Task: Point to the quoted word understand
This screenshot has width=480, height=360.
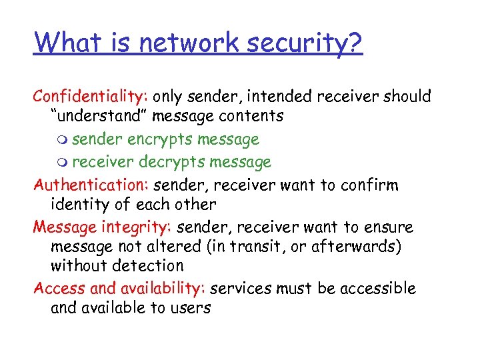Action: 99,116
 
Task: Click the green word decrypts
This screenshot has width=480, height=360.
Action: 171,162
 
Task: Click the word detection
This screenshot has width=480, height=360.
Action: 147,265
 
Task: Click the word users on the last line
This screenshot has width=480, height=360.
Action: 191,308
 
